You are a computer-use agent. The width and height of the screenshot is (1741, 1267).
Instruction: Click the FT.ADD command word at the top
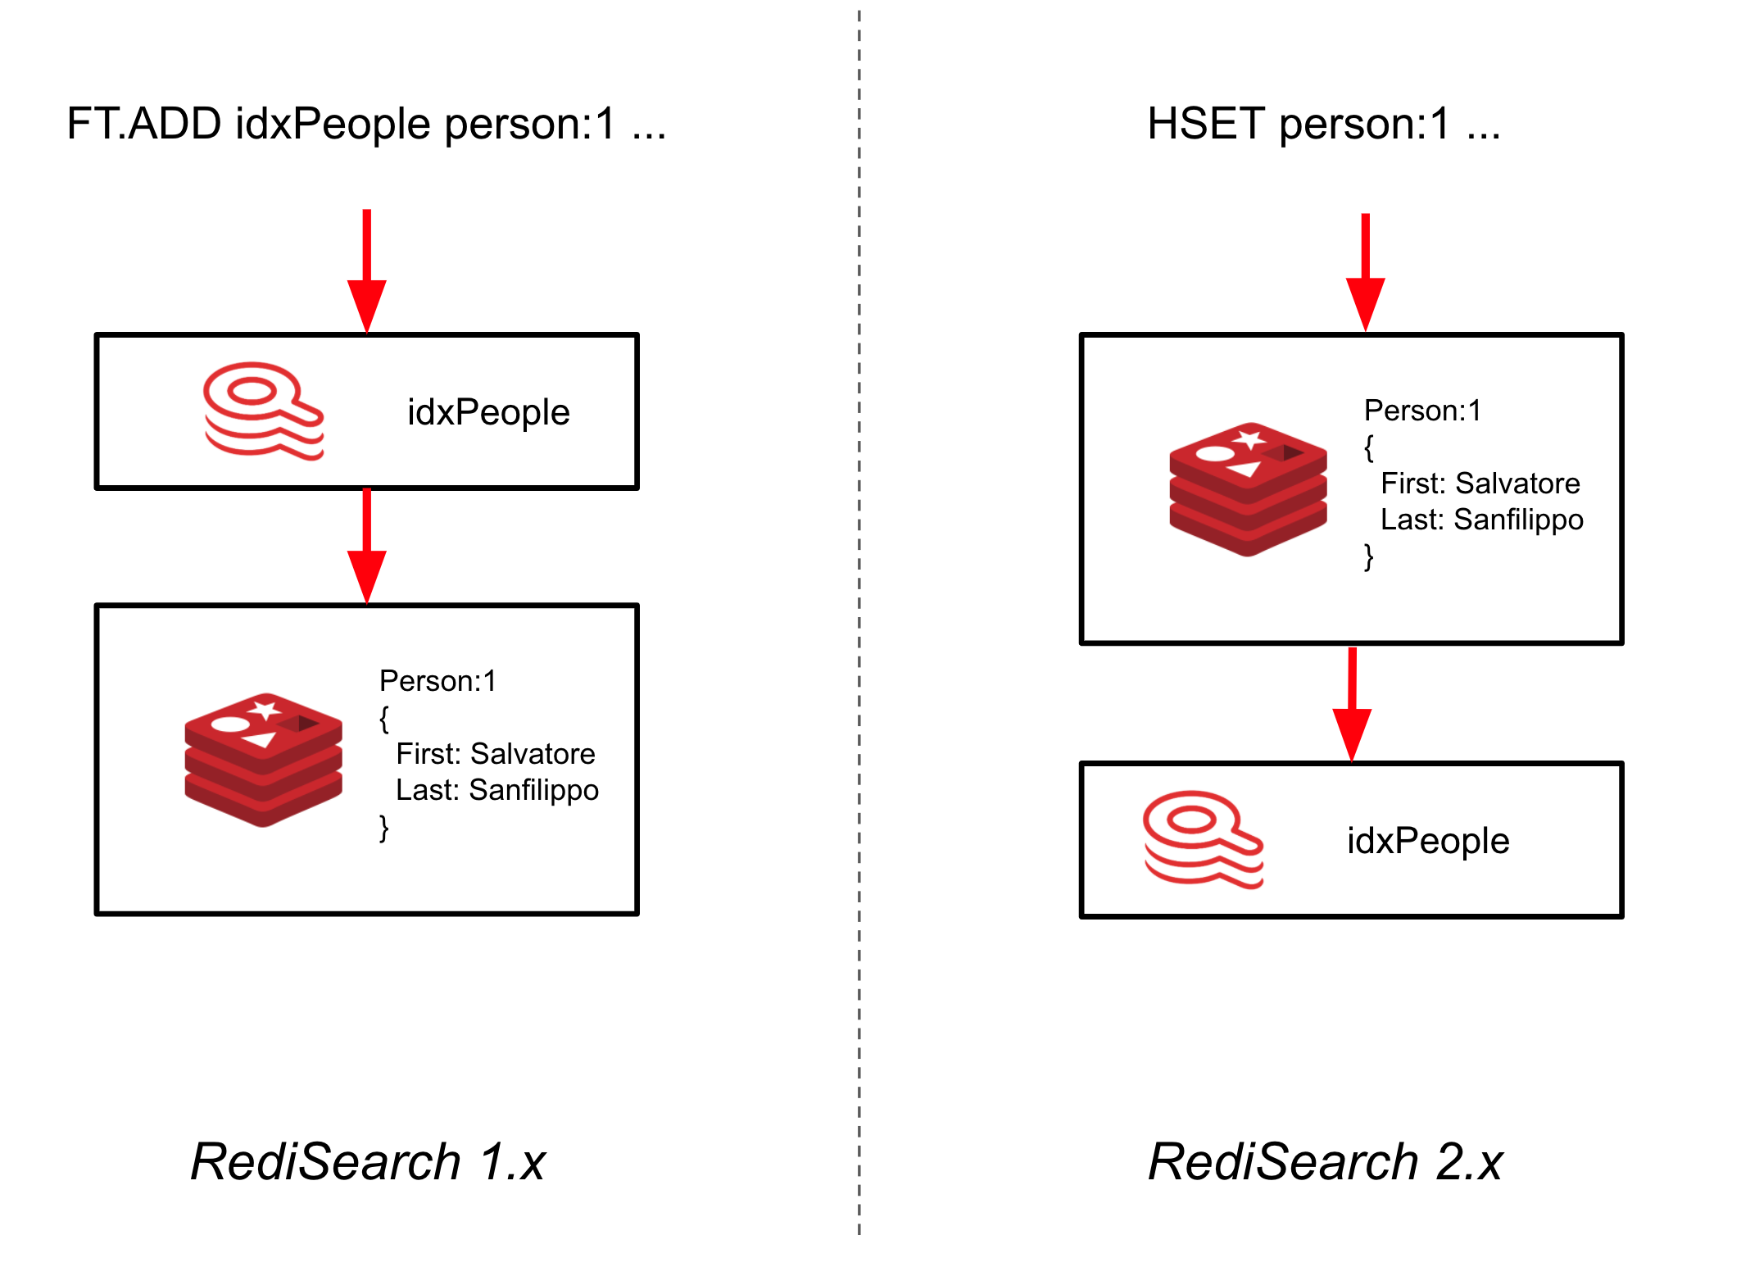pyautogui.click(x=143, y=125)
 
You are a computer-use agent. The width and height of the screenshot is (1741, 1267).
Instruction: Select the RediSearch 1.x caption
pyautogui.click(x=368, y=1161)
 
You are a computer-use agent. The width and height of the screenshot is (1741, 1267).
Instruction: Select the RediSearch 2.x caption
pyautogui.click(x=1325, y=1161)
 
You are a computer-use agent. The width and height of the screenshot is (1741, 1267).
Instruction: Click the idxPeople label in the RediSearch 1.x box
pyautogui.click(x=488, y=412)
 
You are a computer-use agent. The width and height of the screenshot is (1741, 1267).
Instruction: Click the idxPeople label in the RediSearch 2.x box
pyautogui.click(x=1428, y=841)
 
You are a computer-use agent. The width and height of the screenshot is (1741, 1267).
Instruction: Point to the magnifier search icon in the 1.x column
pyautogui.click(x=263, y=411)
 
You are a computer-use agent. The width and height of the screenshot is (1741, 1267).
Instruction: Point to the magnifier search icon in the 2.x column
pyautogui.click(x=1203, y=839)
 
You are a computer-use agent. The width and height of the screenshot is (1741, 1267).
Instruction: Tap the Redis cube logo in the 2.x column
pyautogui.click(x=1248, y=489)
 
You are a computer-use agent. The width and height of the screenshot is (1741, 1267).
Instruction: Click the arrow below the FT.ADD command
pyautogui.click(x=367, y=270)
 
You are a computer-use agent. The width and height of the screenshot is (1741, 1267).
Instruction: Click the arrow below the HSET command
pyautogui.click(x=1366, y=272)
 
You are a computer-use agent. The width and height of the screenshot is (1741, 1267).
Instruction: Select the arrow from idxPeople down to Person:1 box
pyautogui.click(x=367, y=545)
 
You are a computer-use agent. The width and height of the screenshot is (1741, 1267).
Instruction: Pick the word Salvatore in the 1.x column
pyautogui.click(x=533, y=754)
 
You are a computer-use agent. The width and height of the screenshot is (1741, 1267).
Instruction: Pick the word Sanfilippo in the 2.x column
pyautogui.click(x=1518, y=520)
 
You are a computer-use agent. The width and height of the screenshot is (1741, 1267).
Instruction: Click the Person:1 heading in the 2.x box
pyautogui.click(x=1422, y=411)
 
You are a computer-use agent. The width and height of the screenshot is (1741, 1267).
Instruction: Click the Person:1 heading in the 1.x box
pyautogui.click(x=438, y=681)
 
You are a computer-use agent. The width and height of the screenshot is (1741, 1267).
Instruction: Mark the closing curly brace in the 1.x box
pyautogui.click(x=383, y=828)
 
